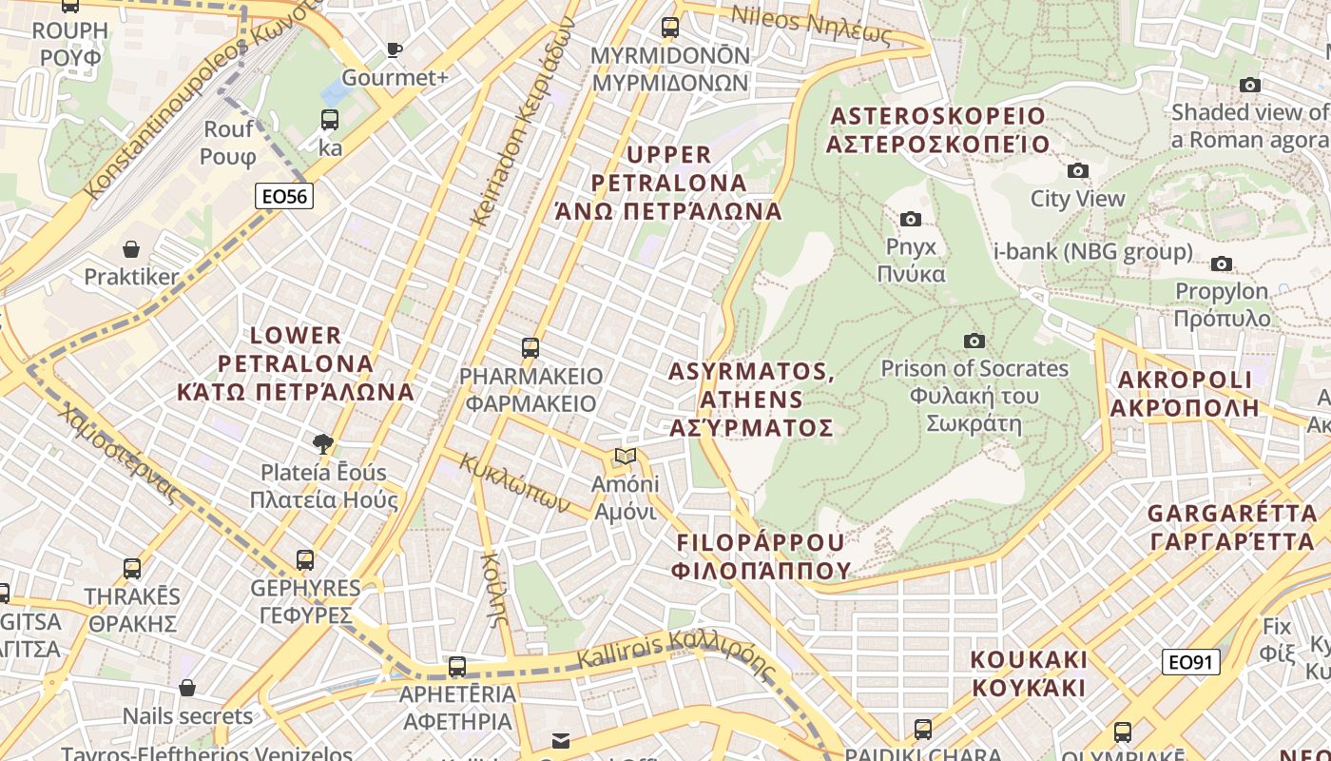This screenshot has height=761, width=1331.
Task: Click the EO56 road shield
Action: pyautogui.click(x=284, y=197)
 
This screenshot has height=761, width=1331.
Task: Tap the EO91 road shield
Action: pyautogui.click(x=1191, y=662)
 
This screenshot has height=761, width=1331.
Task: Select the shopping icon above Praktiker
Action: pyautogui.click(x=131, y=249)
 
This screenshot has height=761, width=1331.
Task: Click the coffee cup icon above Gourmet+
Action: pyautogui.click(x=395, y=50)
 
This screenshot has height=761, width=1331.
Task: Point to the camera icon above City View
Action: pyautogui.click(x=1077, y=171)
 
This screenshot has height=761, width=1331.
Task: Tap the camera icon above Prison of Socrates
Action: pyautogui.click(x=974, y=341)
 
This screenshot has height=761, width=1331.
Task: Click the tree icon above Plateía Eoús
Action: pyautogui.click(x=323, y=443)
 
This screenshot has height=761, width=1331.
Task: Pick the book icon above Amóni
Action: pyautogui.click(x=625, y=457)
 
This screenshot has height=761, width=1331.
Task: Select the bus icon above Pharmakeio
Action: pyautogui.click(x=530, y=348)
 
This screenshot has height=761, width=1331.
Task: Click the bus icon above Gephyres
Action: pyautogui.click(x=305, y=560)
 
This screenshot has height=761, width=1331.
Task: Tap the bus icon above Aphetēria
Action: pyautogui.click(x=457, y=667)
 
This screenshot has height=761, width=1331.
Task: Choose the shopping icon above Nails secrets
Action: pyautogui.click(x=187, y=688)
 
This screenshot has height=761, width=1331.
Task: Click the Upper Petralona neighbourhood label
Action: pyautogui.click(x=669, y=182)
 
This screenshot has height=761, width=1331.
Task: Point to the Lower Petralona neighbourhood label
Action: pyautogui.click(x=296, y=363)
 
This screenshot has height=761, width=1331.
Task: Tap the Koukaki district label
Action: pyautogui.click(x=1028, y=673)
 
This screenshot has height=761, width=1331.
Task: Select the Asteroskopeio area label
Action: pyautogui.click(x=937, y=130)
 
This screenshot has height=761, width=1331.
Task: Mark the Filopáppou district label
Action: pyautogui.click(x=761, y=556)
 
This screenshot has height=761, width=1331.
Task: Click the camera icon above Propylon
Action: pyautogui.click(x=1222, y=264)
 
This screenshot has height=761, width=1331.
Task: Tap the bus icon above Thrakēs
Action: pyautogui.click(x=132, y=569)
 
